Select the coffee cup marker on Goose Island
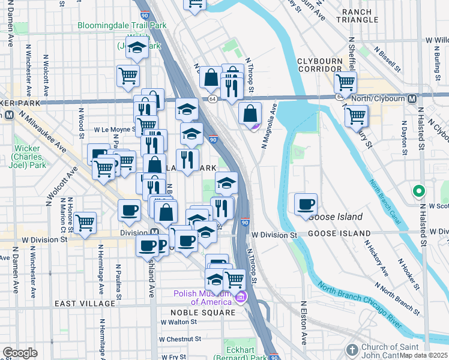(x=306, y=204)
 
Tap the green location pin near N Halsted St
(x=419, y=191)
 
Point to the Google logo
(x=20, y=353)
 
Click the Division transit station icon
(x=154, y=233)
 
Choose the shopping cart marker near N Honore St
(x=85, y=223)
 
